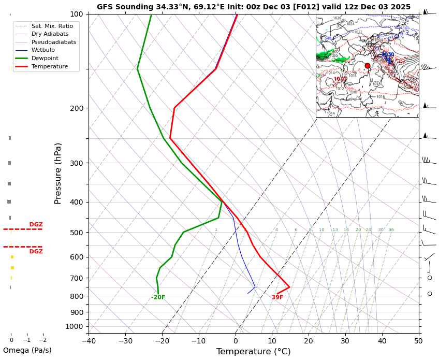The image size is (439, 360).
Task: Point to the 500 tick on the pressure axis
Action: point(77,233)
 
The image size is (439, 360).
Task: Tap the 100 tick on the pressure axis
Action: point(77,14)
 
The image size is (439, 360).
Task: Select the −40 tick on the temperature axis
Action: point(89,341)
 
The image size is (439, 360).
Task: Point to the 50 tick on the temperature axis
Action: point(418,341)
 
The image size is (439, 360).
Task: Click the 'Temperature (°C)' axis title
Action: point(253,352)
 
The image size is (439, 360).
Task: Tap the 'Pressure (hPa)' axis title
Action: point(58,173)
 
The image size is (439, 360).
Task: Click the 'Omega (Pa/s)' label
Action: point(27,351)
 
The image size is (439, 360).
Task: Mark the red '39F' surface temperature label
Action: point(277,297)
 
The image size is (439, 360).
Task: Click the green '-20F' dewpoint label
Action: point(158,297)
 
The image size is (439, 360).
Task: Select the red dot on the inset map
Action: point(368,66)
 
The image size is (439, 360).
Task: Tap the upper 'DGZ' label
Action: point(36,225)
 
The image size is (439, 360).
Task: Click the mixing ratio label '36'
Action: point(391,230)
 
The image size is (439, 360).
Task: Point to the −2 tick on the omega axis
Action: point(43,340)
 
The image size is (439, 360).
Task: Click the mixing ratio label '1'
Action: point(216,230)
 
